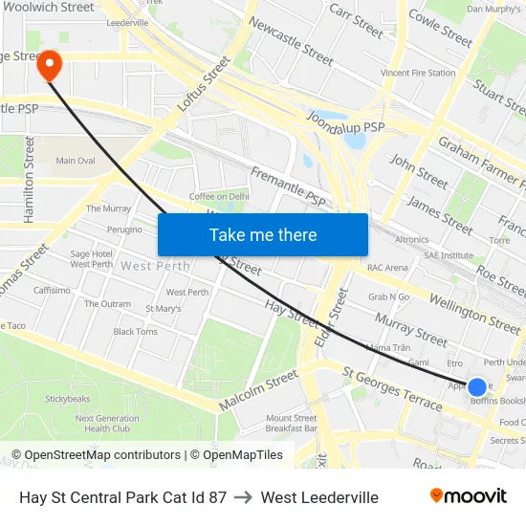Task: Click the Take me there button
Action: (263, 234)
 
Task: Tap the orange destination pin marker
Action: (48, 66)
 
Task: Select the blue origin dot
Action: (476, 386)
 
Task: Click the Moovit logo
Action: (469, 496)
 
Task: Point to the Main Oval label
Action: (76, 161)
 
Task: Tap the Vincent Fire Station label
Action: (418, 73)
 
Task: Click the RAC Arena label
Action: (387, 268)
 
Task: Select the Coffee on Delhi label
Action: (219, 196)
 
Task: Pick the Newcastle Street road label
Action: (291, 41)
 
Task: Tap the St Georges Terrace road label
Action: (393, 386)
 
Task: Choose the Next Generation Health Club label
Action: (107, 424)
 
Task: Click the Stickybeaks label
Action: (67, 398)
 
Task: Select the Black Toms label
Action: (135, 332)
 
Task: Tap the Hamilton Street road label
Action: (30, 180)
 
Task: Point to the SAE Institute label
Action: (449, 255)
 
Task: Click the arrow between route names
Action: (243, 497)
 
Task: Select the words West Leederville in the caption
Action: (319, 497)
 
